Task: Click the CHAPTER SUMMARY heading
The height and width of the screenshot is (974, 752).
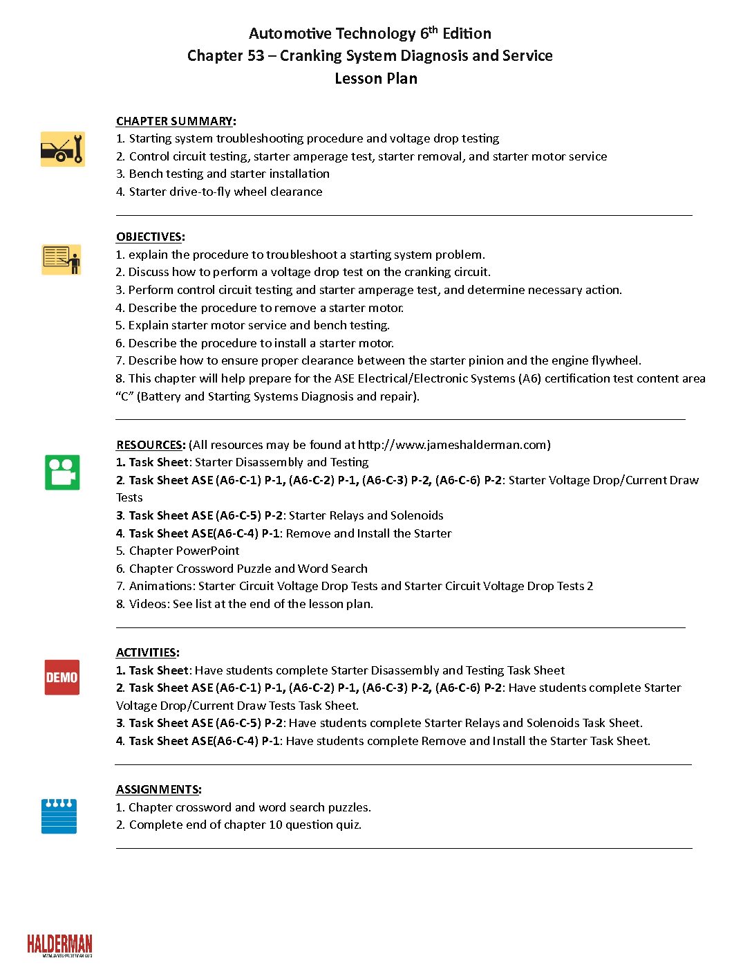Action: click(x=175, y=121)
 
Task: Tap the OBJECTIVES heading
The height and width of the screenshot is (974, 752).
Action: click(x=149, y=237)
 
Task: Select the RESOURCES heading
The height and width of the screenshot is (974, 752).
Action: click(x=150, y=445)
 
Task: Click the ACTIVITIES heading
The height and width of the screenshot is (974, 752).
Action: click(x=147, y=652)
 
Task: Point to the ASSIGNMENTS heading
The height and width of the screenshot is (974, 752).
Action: click(x=158, y=789)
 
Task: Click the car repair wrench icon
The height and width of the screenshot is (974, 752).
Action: click(x=62, y=149)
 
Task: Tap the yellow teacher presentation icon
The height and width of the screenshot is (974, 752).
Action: click(x=62, y=259)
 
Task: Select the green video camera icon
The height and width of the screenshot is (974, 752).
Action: click(x=62, y=472)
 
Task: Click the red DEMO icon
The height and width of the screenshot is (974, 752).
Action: click(x=62, y=677)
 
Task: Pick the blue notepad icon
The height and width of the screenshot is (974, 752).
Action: click(x=59, y=816)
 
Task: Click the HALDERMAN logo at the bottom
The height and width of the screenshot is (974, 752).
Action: click(x=59, y=946)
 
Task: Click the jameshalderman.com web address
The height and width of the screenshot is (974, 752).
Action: click(x=453, y=445)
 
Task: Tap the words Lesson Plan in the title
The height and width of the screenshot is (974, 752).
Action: click(x=376, y=78)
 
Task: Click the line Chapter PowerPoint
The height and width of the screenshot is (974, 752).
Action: click(x=184, y=551)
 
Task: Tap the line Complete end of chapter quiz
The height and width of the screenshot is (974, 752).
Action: click(x=245, y=825)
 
